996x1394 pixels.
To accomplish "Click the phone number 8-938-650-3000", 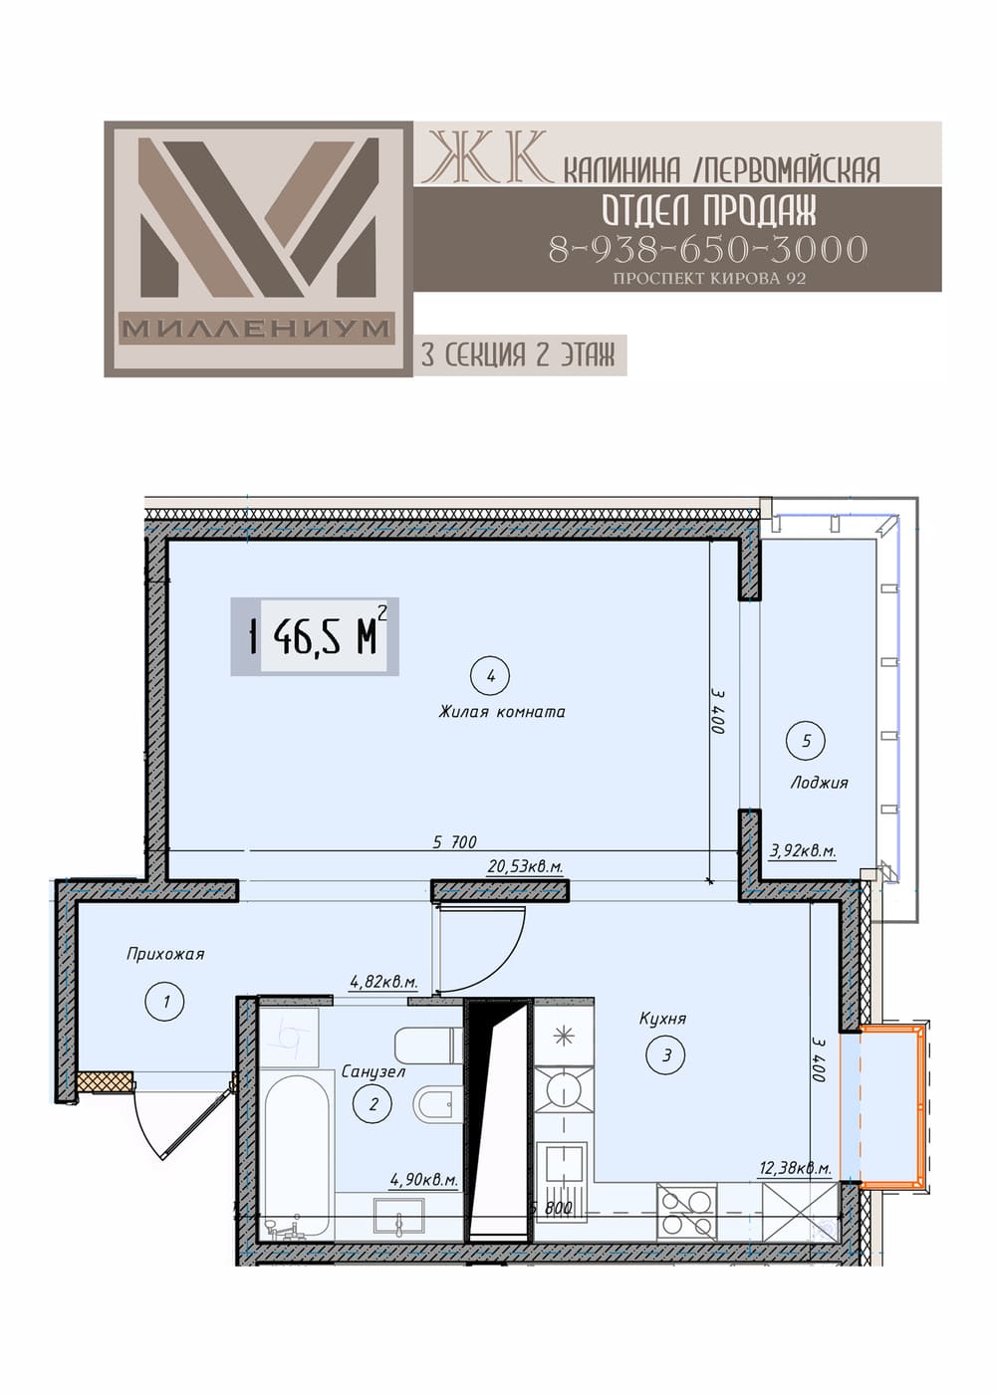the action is coord(708,249).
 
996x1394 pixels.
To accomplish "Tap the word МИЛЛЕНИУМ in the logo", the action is coord(257,328).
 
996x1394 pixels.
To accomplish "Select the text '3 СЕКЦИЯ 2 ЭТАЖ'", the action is coord(518,355).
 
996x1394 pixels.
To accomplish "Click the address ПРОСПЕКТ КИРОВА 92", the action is coord(709,278).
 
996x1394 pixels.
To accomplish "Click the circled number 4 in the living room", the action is coord(490,675).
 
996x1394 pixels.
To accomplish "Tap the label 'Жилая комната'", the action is coord(502,712).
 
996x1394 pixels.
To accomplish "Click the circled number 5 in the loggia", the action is coord(806,741).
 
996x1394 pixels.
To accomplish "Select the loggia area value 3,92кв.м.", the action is coord(803,850).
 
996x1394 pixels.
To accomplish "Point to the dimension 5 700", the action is coord(455,842).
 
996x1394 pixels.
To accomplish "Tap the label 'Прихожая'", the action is coord(165,954).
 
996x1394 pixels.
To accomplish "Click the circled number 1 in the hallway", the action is coord(165,1002).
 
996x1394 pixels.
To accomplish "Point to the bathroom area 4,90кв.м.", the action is coord(424,1180).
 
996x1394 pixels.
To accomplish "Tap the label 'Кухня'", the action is coord(662,1019).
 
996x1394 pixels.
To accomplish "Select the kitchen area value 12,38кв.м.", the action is coord(796,1169).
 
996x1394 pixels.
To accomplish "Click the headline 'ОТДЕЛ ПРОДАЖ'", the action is coord(709,210).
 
